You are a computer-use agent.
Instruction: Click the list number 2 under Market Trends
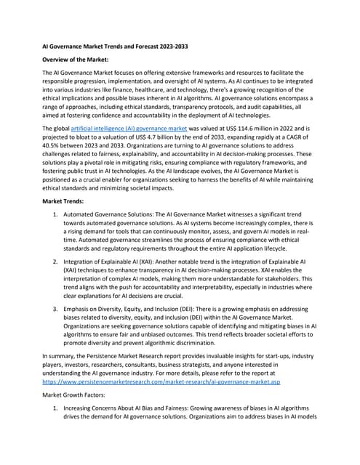57,279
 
